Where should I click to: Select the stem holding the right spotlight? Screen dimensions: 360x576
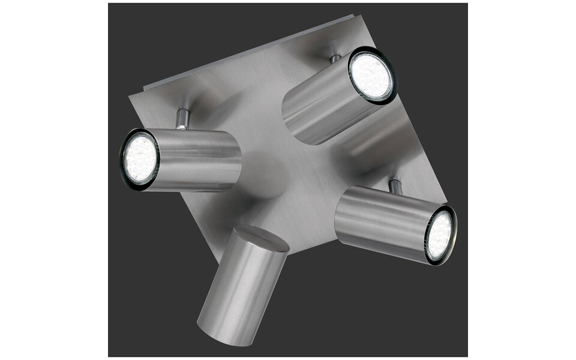coord(395,187)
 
